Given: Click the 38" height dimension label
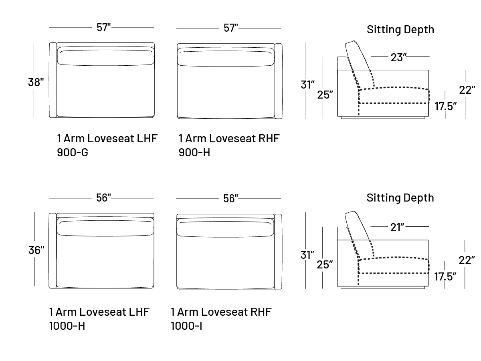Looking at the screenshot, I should (x=36, y=83).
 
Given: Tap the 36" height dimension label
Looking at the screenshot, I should (x=36, y=250).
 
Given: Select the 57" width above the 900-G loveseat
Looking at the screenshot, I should (x=103, y=28).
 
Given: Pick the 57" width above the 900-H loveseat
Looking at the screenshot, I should (x=230, y=28).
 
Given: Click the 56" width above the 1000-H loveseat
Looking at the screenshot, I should (x=103, y=198).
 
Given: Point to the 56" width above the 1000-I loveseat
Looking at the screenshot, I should (x=230, y=198).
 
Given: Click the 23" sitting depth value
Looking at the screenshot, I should (x=399, y=58).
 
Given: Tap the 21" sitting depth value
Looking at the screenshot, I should (x=398, y=228).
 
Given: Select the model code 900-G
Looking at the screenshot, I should (x=73, y=153).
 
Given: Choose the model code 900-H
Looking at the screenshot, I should (x=194, y=153).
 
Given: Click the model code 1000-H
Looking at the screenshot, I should (x=67, y=326).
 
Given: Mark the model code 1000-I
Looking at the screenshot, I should (x=186, y=326).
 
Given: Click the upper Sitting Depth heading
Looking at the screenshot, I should (x=400, y=30).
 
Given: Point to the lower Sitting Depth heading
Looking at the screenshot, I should (x=400, y=198).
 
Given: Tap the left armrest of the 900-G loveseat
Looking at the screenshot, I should (x=53, y=80).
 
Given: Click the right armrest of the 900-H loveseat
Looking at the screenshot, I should (x=279, y=81).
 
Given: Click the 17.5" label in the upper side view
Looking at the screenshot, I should (x=445, y=107).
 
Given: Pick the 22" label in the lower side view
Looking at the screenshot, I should (x=467, y=260).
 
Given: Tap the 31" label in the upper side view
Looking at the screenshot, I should (x=308, y=85).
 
